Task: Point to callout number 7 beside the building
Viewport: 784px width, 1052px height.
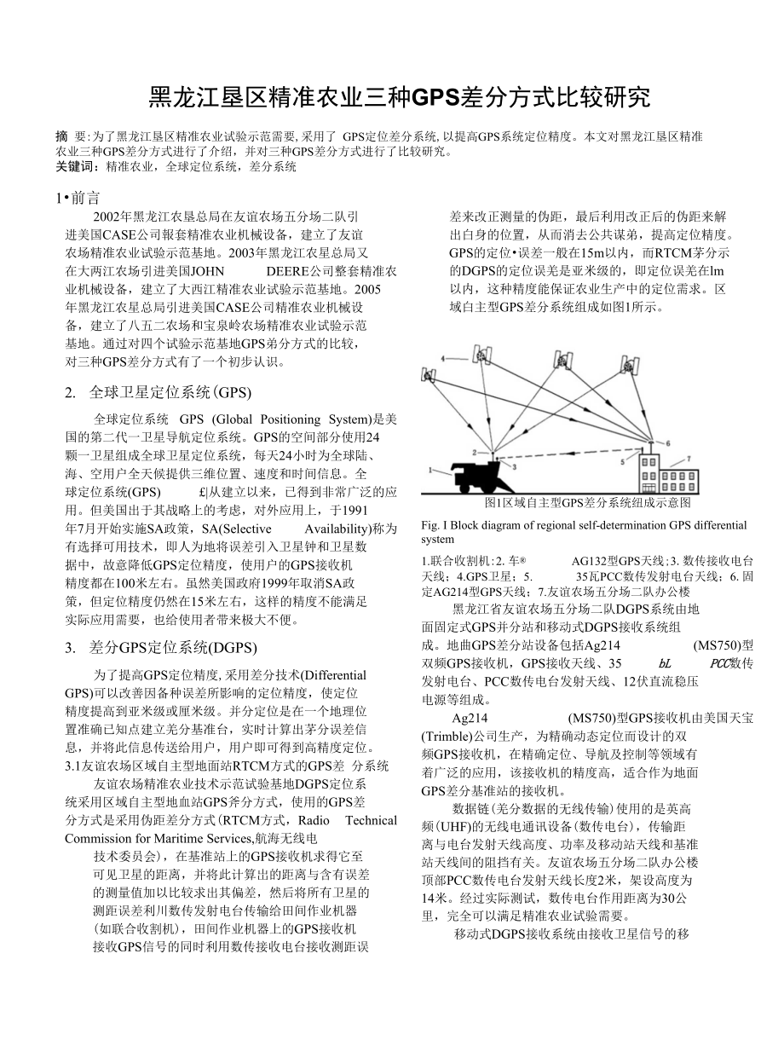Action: coord(689,458)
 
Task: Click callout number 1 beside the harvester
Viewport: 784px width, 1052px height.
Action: coord(433,467)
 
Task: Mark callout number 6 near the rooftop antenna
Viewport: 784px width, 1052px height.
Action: coord(667,442)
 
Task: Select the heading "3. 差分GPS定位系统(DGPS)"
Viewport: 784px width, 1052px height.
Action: coord(160,647)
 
